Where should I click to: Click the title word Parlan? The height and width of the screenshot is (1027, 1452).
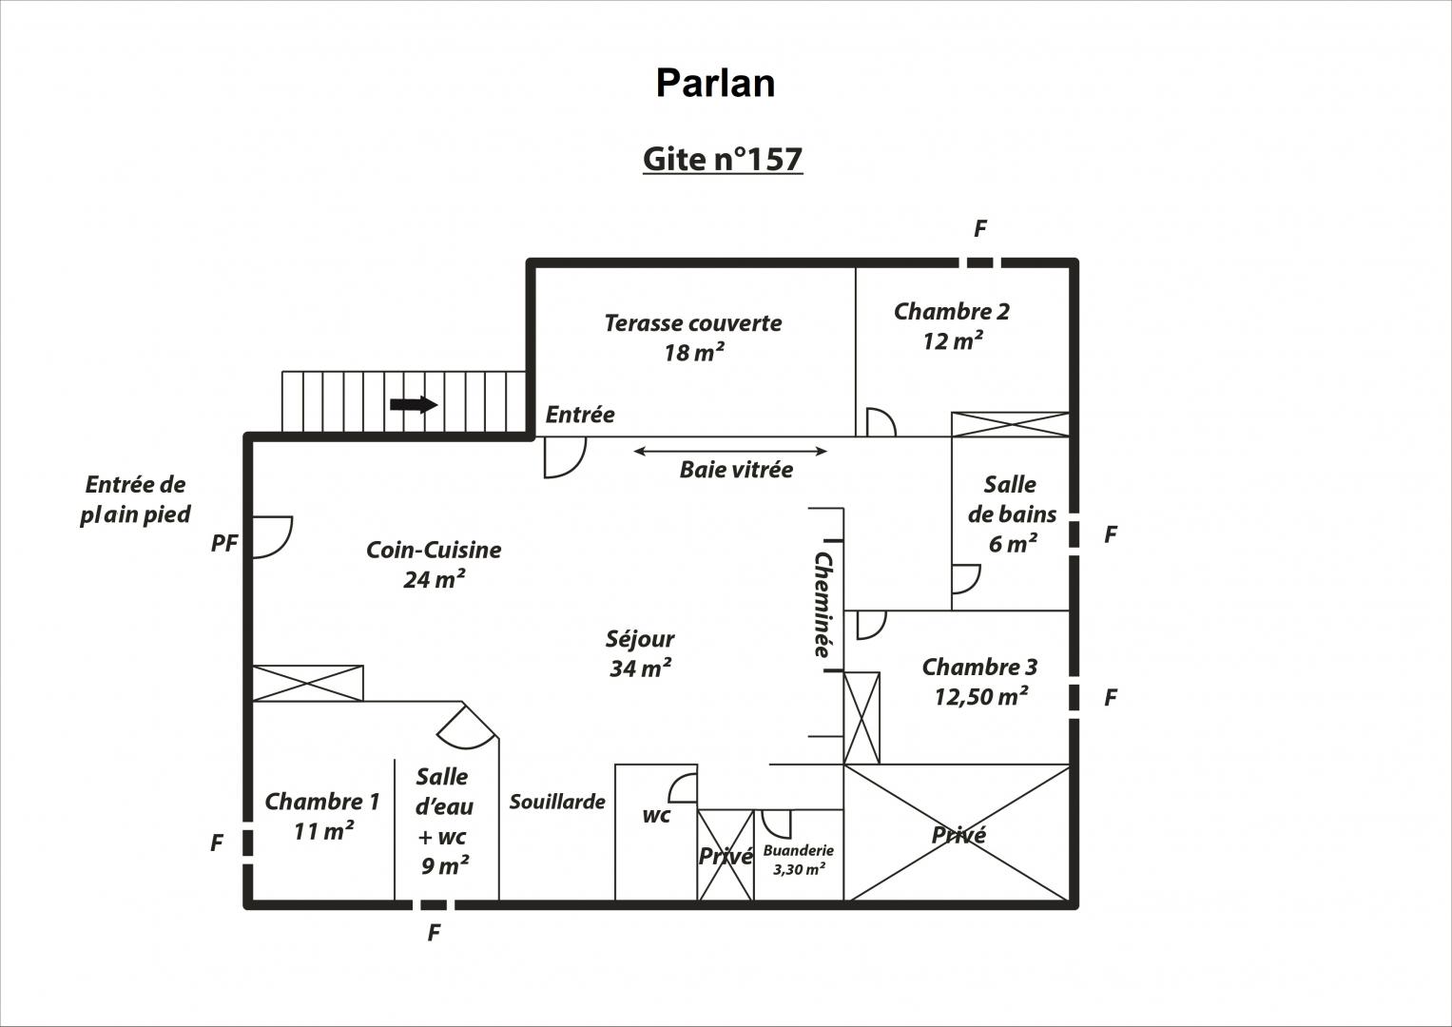(x=716, y=84)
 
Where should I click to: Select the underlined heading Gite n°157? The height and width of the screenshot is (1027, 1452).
(x=723, y=159)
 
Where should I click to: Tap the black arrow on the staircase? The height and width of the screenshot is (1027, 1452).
(x=414, y=404)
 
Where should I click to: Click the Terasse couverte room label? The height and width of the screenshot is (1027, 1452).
(x=693, y=338)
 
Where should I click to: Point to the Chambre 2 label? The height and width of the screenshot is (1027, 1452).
(x=952, y=326)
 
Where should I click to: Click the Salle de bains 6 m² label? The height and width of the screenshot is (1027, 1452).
(x=1012, y=514)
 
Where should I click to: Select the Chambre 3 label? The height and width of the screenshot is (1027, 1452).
(x=980, y=682)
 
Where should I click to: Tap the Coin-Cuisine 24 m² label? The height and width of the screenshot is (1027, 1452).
(x=434, y=564)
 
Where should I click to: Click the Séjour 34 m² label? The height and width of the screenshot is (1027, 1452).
(x=640, y=653)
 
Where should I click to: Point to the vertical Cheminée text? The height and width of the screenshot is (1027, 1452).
(x=823, y=604)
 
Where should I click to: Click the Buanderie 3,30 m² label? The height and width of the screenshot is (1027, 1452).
(x=799, y=860)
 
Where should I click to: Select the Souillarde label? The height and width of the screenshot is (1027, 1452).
(x=557, y=802)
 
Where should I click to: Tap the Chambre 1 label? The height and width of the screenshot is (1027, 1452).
(x=322, y=816)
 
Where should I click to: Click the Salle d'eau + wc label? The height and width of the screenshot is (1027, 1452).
(x=444, y=821)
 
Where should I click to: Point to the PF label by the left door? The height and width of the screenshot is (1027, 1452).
(x=224, y=543)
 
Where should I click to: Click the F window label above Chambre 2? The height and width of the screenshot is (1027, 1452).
(x=980, y=229)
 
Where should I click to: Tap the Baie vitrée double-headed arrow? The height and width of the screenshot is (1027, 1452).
(x=730, y=452)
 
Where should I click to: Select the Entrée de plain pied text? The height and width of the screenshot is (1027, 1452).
(x=135, y=499)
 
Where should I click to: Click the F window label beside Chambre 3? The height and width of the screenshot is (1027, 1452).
(x=1111, y=698)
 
